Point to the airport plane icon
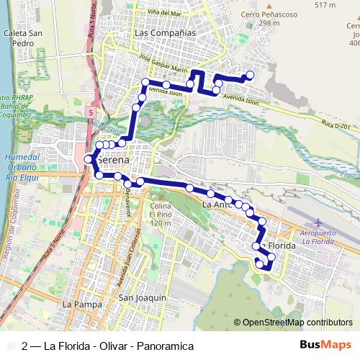click(319, 221)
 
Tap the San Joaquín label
click(143, 297)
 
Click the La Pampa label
click(77, 305)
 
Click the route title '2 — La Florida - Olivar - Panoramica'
click(108, 346)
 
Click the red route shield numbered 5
click(91, 113)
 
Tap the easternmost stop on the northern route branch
click(251, 75)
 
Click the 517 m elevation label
click(325, 5)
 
